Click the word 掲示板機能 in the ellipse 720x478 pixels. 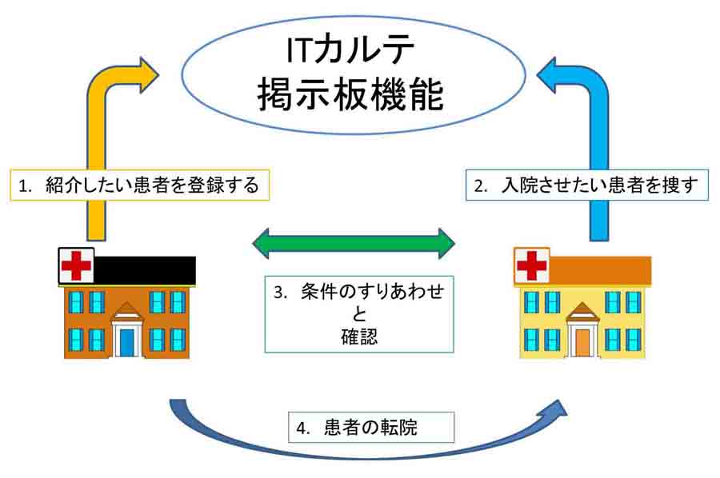351,94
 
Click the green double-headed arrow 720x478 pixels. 353,241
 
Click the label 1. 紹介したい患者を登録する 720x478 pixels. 139,186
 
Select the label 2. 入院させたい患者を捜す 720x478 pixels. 586,186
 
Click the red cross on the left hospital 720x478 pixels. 77,265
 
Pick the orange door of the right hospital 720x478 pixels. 582,341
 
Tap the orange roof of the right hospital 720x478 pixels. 600,271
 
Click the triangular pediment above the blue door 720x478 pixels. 127,311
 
